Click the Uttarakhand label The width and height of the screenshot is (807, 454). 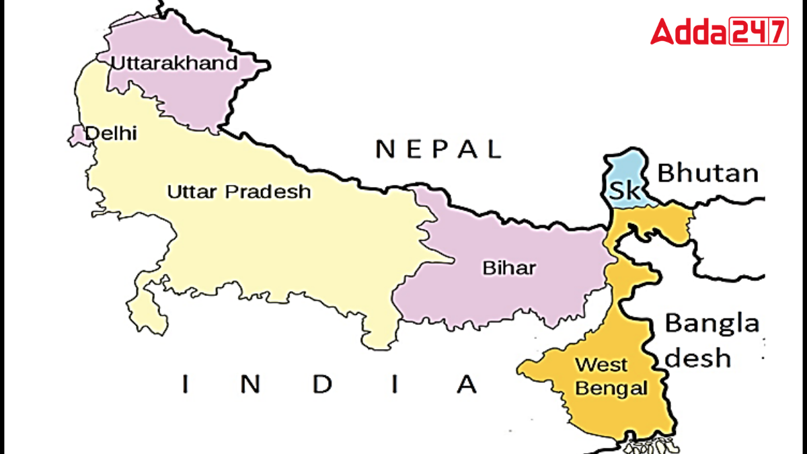(174, 63)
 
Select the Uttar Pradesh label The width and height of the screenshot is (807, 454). (239, 192)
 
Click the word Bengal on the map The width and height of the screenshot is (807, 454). (611, 388)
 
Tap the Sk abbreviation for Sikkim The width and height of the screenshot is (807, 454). (625, 190)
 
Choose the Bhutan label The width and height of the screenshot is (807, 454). (707, 174)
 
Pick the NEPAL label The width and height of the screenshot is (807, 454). (438, 149)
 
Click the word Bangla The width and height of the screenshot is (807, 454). (712, 324)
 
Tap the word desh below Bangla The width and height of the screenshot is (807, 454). (698, 358)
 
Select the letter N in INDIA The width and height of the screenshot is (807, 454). (249, 385)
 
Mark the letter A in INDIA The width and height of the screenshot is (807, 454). (466, 385)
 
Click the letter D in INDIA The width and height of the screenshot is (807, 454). (323, 385)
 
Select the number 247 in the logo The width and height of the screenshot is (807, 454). (759, 32)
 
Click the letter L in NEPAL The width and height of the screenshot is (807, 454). (495, 149)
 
